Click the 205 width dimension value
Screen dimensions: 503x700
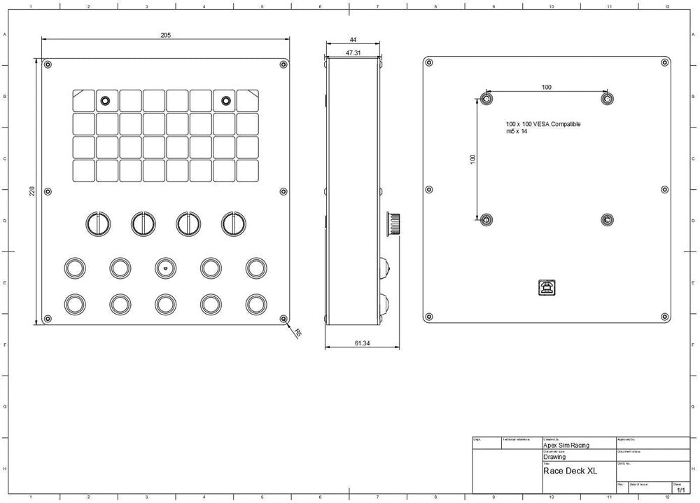165,34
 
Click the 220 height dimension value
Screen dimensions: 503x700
32,191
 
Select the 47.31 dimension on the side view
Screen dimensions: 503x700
353,53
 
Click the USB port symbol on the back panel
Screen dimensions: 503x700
545,287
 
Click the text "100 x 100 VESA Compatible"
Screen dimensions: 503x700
543,124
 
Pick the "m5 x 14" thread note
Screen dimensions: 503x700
517,131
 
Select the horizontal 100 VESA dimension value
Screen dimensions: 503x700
547,87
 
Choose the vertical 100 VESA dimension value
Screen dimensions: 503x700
472,159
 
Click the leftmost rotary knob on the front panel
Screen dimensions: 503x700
99,223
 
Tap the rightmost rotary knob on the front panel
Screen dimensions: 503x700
234,223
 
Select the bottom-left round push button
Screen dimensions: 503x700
74,303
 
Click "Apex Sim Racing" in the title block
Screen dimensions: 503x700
566,445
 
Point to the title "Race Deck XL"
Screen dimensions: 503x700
570,471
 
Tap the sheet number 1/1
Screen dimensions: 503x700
680,489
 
